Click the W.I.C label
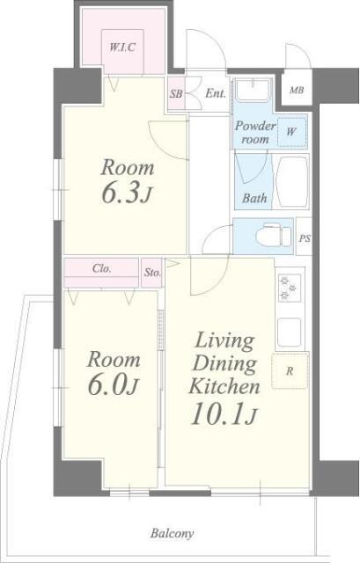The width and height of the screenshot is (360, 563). pos(122,47)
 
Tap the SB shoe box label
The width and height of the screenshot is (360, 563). pos(176,94)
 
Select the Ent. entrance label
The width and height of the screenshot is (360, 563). pos(216,94)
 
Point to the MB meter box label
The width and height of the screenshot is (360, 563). pos(297,90)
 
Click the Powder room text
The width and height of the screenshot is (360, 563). pos(255,132)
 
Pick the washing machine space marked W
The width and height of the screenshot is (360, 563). pos(291,132)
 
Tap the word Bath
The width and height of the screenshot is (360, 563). pos(254,198)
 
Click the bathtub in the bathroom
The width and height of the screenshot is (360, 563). pos(292,182)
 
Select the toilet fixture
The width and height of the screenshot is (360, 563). pos(273,236)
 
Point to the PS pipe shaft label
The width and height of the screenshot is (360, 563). pos(305,238)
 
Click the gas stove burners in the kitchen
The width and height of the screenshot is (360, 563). pos(290,288)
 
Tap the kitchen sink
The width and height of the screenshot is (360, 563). pos(290,333)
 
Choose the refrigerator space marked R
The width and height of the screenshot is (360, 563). pos(290,371)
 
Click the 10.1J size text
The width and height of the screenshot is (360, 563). pos(224,413)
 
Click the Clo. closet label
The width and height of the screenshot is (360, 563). pos(102,268)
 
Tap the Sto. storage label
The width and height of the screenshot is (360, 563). pos(152,273)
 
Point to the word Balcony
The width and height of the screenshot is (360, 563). pos(173,534)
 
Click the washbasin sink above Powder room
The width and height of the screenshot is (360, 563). pos(253,90)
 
